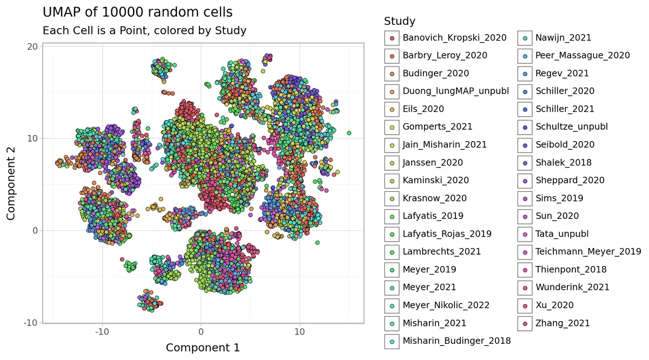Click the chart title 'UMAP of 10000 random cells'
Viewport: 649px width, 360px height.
pos(137,12)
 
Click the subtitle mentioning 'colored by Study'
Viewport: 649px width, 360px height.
pos(144,31)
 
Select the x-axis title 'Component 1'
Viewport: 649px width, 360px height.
pos(203,348)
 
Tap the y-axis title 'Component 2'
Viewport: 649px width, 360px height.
pos(11,184)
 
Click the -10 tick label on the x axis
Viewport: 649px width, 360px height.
pos(102,331)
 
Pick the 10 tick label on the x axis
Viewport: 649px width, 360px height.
pos(300,331)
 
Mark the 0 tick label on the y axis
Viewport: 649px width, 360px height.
pos(35,230)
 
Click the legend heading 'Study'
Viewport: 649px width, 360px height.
pos(400,22)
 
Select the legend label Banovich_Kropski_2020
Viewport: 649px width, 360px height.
pos(454,38)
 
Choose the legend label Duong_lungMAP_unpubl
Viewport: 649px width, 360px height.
pos(455,91)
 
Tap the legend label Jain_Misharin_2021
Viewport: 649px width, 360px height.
pos(445,145)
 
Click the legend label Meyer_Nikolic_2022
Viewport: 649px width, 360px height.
pos(446,305)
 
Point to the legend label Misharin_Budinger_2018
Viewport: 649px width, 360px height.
pos(456,341)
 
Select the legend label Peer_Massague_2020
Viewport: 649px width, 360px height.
pos(582,56)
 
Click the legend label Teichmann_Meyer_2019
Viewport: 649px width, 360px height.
pos(588,252)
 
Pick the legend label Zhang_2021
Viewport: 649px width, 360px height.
pos(562,323)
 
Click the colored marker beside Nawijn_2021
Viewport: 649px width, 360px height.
pos(525,38)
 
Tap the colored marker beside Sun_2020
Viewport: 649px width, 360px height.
pos(525,216)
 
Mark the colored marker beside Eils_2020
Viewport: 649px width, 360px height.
pos(392,109)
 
